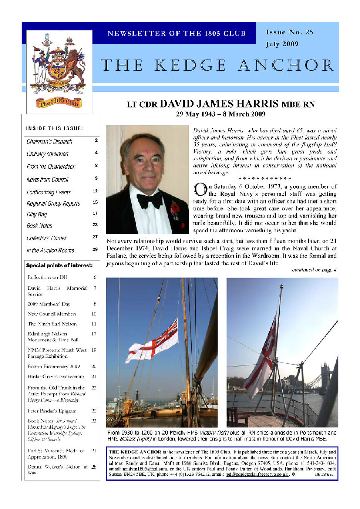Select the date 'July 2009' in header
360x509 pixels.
pos(282,44)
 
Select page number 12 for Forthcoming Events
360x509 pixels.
pos(95,191)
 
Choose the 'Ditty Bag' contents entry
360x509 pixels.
pos(37,214)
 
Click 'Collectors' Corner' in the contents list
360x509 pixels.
pos(46,238)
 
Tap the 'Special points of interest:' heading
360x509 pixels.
pos(59,265)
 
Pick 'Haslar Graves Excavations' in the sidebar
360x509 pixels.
pos(56,377)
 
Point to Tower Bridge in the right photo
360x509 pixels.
pos(325,376)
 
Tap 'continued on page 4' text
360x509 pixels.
pos(314,270)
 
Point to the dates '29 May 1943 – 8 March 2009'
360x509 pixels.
pos(220,114)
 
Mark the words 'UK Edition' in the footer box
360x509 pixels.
pos(324,475)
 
